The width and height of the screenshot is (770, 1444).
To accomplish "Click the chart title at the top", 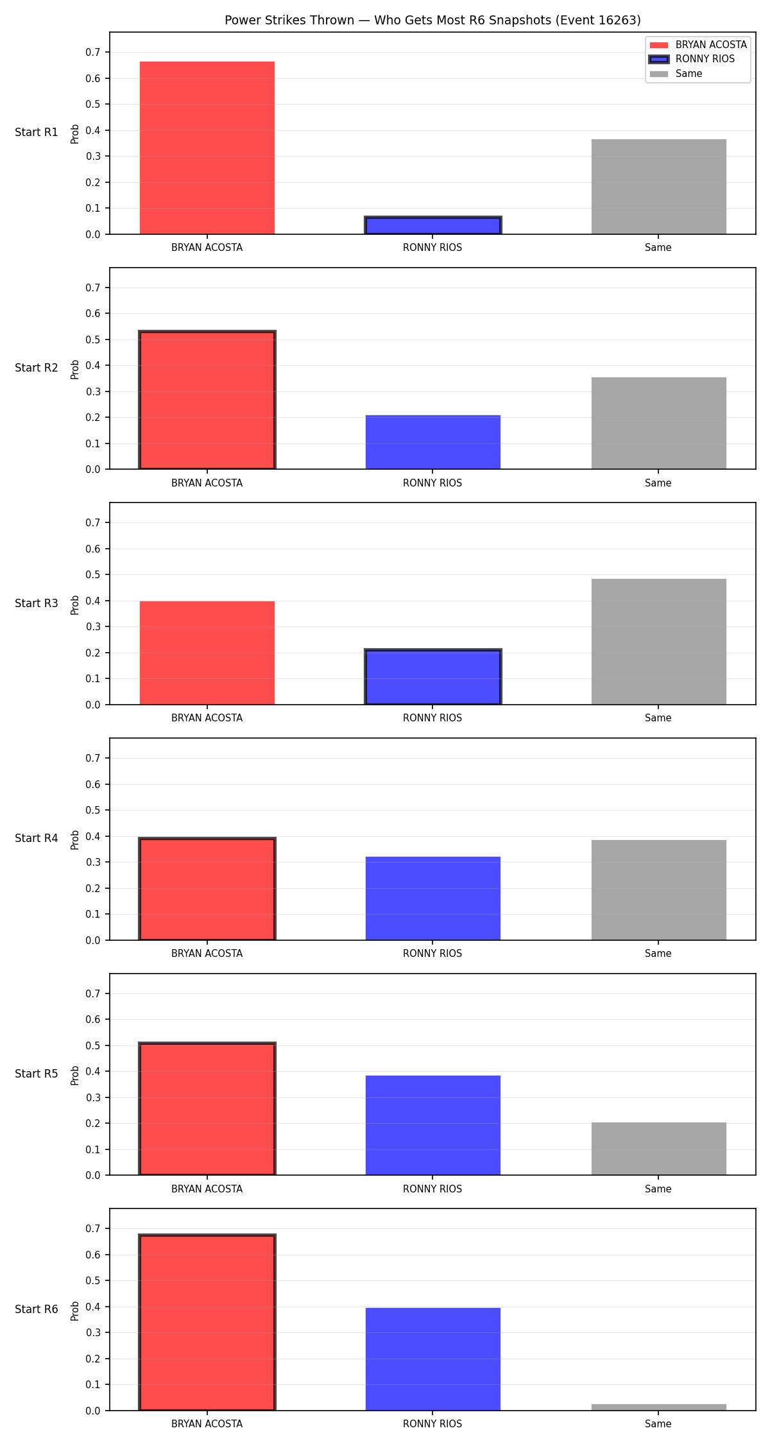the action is point(432,20).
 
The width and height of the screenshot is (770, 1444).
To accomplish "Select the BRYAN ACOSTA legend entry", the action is point(698,45).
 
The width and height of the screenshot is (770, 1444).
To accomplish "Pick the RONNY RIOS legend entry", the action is point(692,59).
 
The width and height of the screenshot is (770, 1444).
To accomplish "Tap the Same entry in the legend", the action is point(676,74).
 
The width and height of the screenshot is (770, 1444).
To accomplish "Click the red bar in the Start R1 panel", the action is point(207,148).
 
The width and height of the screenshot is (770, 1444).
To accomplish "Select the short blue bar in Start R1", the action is point(433,225).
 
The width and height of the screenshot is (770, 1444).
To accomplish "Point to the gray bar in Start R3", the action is point(659,642).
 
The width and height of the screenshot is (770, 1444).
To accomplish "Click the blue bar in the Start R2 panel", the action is point(433,442).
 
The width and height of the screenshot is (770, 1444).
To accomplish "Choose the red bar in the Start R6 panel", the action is point(207,1322).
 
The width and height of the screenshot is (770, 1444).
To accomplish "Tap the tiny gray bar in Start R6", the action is point(659,1407).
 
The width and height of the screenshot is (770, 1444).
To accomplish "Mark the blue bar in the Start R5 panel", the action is point(433,1125).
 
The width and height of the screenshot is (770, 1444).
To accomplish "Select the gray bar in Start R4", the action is point(659,890).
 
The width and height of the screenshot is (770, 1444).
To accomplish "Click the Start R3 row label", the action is point(37,603).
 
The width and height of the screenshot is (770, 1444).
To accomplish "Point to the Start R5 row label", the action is point(37,1074).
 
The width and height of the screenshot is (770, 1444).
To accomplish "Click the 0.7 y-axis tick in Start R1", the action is point(93,52).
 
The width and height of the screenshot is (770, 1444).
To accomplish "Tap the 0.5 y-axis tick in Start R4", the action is point(93,810).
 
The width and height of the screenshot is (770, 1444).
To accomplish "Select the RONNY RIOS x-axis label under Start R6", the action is point(432,1423).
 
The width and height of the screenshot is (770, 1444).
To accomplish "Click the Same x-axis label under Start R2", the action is point(658,483).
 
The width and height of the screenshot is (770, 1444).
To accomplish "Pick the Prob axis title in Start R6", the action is point(75,1311).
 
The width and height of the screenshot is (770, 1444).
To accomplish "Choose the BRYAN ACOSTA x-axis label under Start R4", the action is point(207,953).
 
